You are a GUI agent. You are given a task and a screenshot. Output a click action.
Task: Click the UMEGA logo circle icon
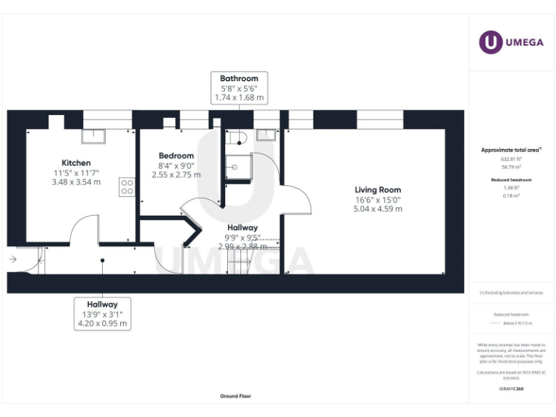point(491,42)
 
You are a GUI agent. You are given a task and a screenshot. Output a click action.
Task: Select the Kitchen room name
point(76,163)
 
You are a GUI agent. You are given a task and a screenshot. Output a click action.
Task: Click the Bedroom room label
point(177,156)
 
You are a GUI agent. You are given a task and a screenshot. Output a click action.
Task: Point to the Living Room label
point(377,189)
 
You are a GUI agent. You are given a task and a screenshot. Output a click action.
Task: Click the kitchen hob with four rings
point(127,187)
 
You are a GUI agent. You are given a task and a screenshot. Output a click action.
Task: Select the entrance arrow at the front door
point(13,258)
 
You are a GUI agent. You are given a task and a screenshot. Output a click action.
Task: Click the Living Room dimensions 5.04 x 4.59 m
point(377,208)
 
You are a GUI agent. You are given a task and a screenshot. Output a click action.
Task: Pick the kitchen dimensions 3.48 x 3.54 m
point(76,182)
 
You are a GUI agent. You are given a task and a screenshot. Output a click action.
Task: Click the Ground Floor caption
point(236,396)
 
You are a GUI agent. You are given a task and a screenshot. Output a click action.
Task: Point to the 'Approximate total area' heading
point(511,150)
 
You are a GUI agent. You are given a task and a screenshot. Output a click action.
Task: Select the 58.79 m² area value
point(511,166)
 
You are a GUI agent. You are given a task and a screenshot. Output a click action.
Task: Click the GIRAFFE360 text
point(511,389)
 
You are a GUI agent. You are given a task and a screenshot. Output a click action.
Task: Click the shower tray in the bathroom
point(236,167)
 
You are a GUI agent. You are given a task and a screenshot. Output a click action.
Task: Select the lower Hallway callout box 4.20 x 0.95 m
point(102,314)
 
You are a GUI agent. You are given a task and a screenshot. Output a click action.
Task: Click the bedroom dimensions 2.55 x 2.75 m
point(177,174)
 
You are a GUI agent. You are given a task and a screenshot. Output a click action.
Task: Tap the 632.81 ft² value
point(511,158)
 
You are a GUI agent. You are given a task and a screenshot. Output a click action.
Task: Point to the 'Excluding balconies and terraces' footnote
point(511,292)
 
